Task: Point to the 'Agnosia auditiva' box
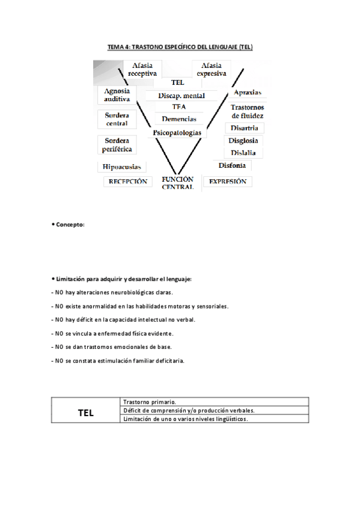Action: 117,95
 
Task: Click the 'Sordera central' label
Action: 117,119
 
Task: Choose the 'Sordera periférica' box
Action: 117,144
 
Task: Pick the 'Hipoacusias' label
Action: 117,167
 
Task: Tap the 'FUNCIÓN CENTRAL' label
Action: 177,183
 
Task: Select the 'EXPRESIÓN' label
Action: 227,181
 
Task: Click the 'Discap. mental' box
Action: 182,96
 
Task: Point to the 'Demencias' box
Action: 179,119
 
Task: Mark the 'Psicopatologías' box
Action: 177,132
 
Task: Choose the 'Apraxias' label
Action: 246,93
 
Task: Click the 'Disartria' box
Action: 244,127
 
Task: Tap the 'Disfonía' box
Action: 232,165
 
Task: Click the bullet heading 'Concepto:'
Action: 70,224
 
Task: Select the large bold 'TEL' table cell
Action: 86,413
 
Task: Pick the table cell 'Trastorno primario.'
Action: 150,402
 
